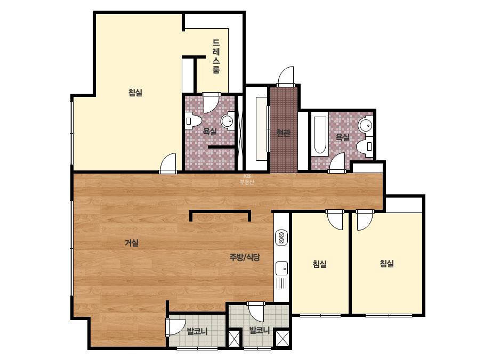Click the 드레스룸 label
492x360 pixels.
pyautogui.click(x=216, y=56)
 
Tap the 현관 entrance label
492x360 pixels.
pyautogui.click(x=284, y=133)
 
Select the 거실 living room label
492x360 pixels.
pyautogui.click(x=132, y=243)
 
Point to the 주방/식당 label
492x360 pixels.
pyautogui.click(x=245, y=257)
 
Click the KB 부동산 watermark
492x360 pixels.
pyautogui.click(x=247, y=179)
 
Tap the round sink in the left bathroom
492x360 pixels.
pyautogui.click(x=228, y=120)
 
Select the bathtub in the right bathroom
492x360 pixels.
pyautogui.click(x=320, y=135)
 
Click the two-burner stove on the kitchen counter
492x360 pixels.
pyautogui.click(x=281, y=238)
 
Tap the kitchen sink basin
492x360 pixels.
pyautogui.click(x=281, y=268)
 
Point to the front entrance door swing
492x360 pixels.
pyautogui.click(x=285, y=76)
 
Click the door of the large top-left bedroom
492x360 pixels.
pyautogui.click(x=168, y=163)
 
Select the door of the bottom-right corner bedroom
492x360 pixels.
pyautogui.click(x=364, y=219)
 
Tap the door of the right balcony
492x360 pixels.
pyautogui.click(x=256, y=312)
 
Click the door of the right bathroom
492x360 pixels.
pyautogui.click(x=337, y=163)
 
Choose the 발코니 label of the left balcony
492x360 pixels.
pyautogui.click(x=197, y=331)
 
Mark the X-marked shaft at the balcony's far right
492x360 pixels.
pyautogui.click(x=282, y=339)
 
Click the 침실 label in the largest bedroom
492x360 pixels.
pyautogui.click(x=135, y=93)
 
